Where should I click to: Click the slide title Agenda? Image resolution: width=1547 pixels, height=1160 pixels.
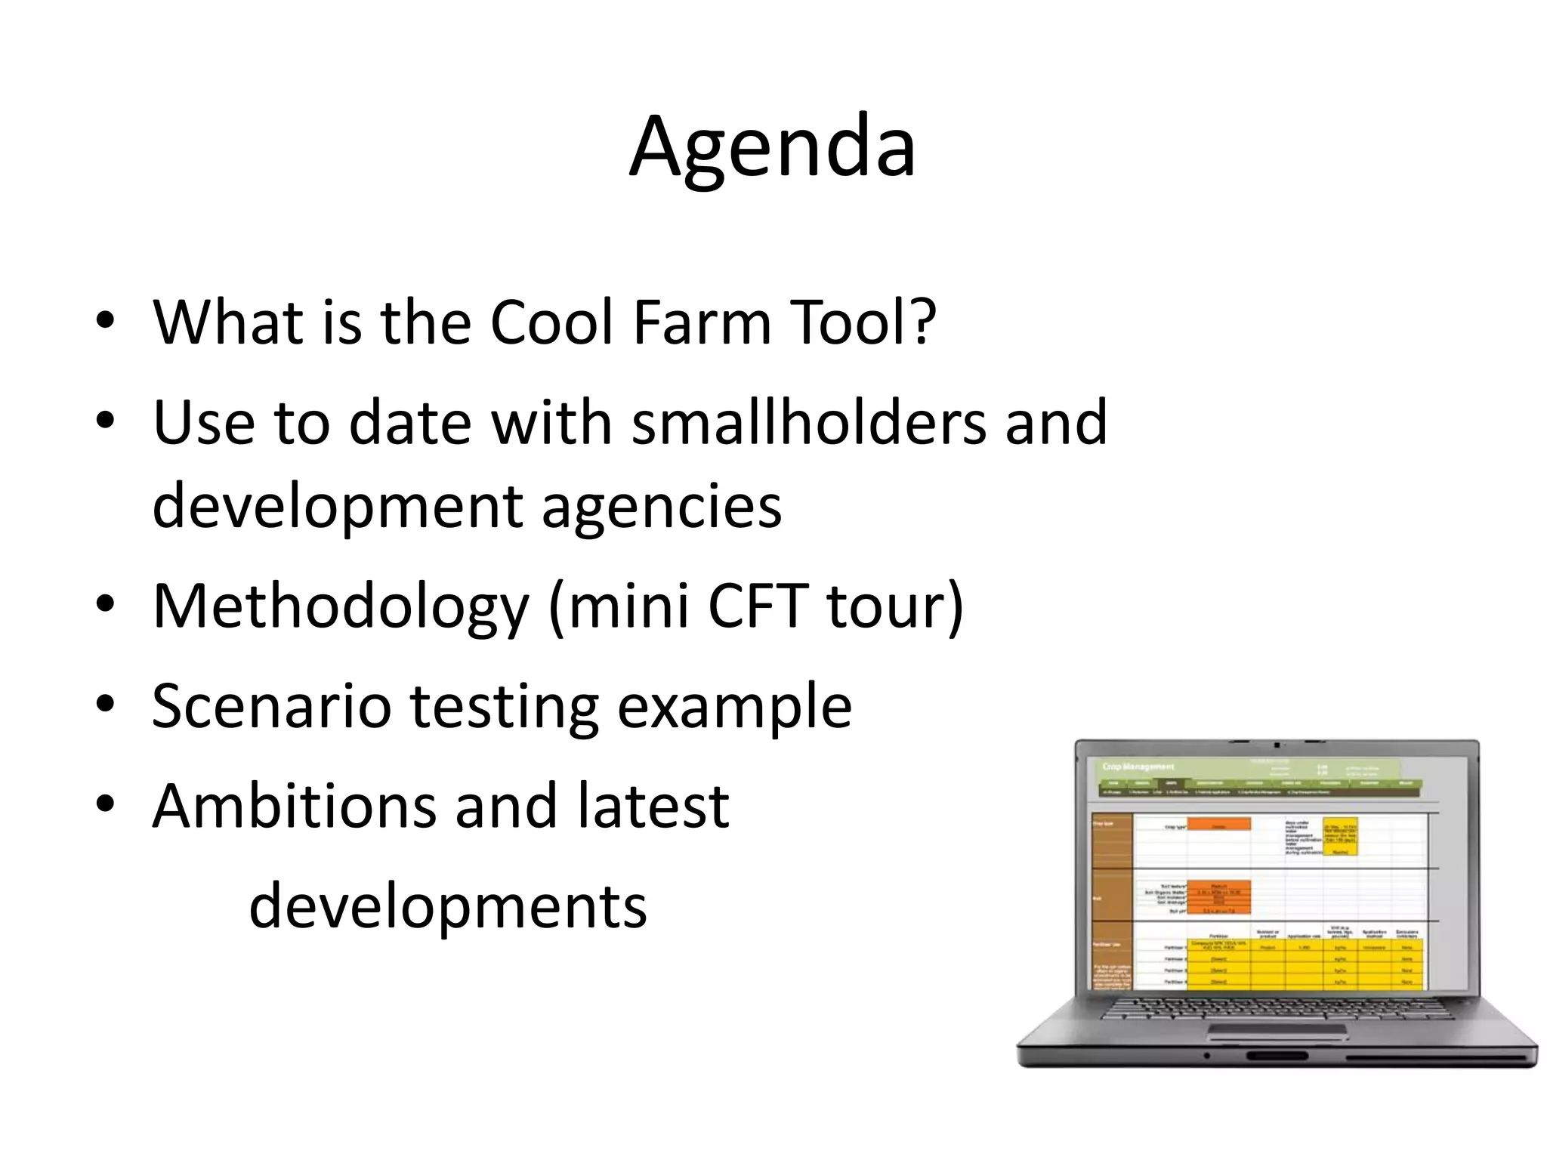coord(772,147)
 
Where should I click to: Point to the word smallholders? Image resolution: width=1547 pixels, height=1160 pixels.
coord(808,423)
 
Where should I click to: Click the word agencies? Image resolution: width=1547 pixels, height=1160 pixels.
coord(661,507)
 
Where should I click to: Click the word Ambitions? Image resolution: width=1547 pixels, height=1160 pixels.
coord(294,806)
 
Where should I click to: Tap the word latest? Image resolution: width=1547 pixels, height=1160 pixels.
coord(653,806)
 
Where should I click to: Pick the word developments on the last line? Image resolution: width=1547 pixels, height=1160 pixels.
coord(448,907)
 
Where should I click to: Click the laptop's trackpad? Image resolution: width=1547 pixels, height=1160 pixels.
coord(1277,1032)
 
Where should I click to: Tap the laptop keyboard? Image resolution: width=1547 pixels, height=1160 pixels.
coord(1277,1008)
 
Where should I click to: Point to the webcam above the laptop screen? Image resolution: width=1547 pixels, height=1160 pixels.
coord(1277,745)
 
